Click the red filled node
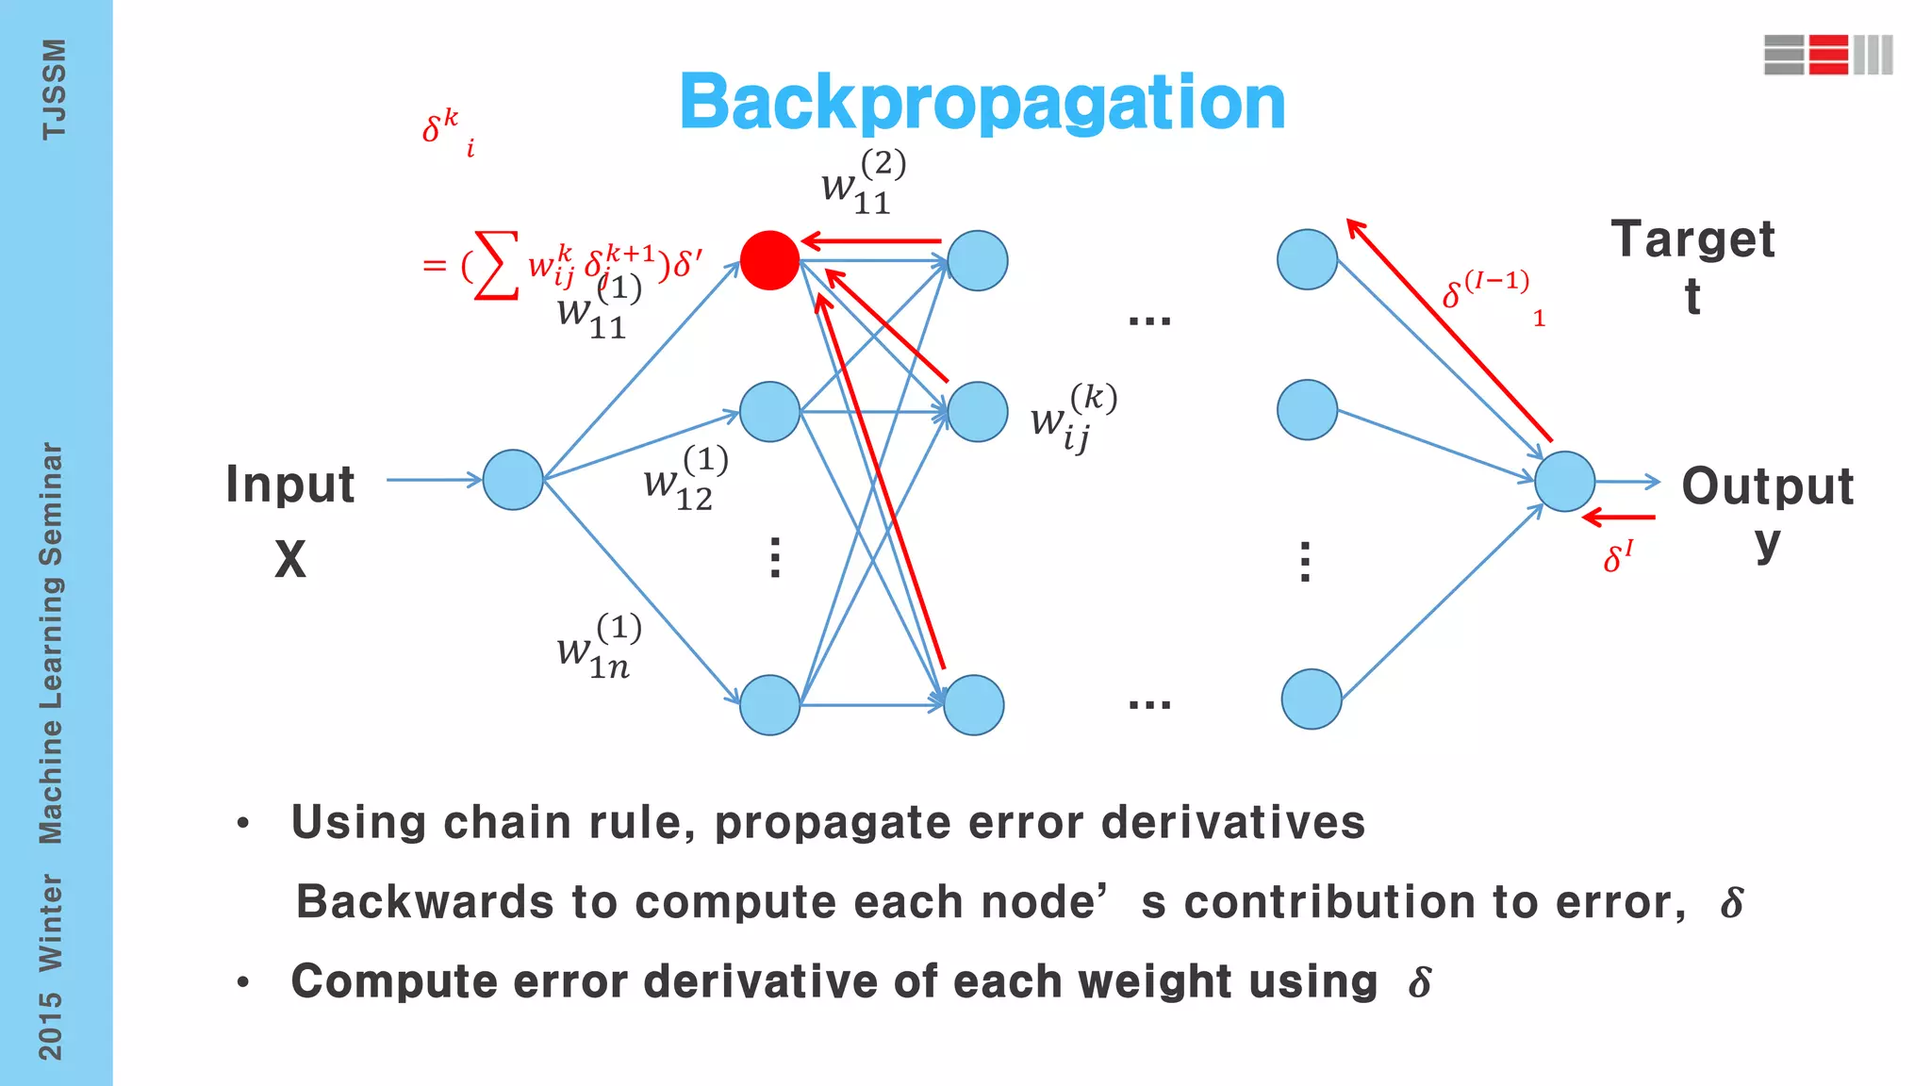pos(769,260)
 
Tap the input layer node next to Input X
pos(513,480)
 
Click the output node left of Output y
pos(1564,482)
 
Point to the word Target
pos(1692,239)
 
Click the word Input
pos(290,485)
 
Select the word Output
pos(1768,486)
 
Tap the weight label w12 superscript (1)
pos(686,479)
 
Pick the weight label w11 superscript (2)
pos(864,183)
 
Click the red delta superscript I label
pos(1618,557)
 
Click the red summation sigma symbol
pos(497,265)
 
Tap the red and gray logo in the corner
pos(1827,55)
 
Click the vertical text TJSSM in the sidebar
pos(54,90)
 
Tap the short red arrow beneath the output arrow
pos(1619,517)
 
